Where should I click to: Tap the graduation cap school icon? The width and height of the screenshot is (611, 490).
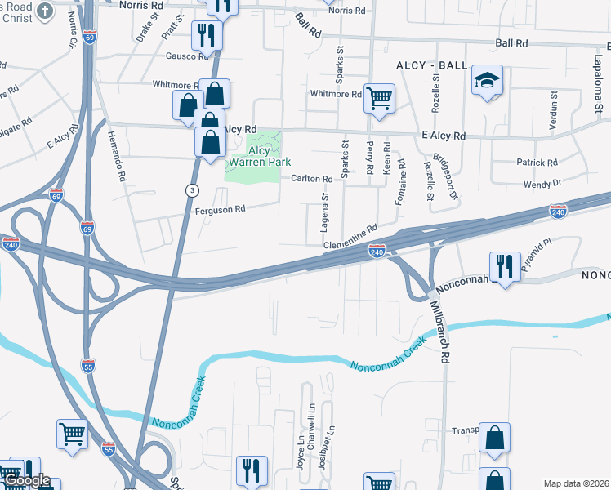click(x=487, y=81)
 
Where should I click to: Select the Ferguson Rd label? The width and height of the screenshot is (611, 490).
click(x=220, y=209)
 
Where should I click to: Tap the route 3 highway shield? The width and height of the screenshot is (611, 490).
click(x=191, y=190)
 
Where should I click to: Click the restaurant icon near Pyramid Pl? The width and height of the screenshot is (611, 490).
click(x=504, y=266)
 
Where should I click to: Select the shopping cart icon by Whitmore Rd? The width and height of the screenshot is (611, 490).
click(x=380, y=99)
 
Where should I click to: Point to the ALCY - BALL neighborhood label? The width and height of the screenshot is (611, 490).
click(x=431, y=65)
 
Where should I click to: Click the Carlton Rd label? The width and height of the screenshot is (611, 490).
click(x=311, y=179)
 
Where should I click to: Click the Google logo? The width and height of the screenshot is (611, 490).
click(x=28, y=481)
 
